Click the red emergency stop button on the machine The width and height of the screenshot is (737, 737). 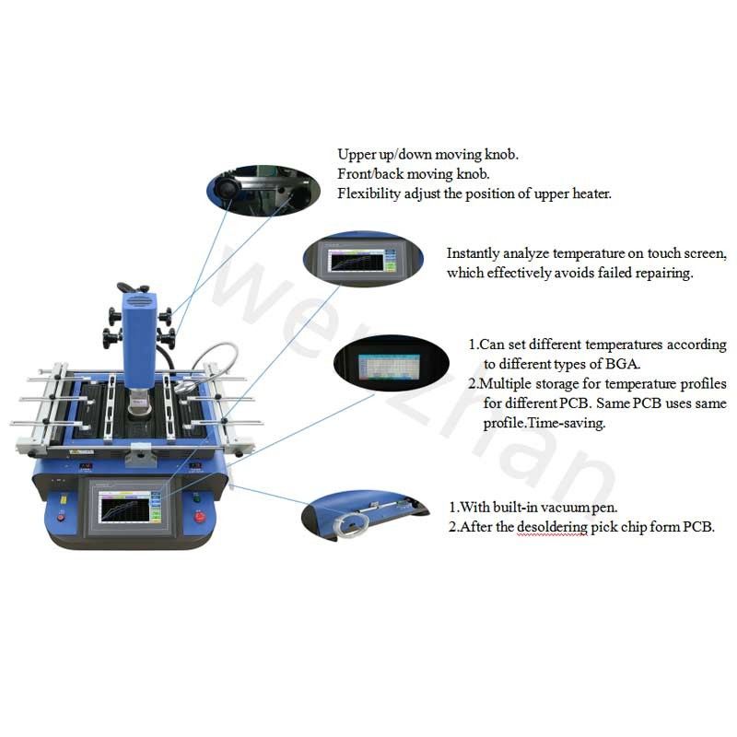201,516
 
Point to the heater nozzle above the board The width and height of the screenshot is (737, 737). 138,399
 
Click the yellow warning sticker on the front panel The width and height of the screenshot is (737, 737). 63,498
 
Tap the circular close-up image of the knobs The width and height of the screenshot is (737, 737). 260,184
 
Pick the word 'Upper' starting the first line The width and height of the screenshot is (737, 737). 355,154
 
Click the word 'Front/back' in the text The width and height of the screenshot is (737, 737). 368,173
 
